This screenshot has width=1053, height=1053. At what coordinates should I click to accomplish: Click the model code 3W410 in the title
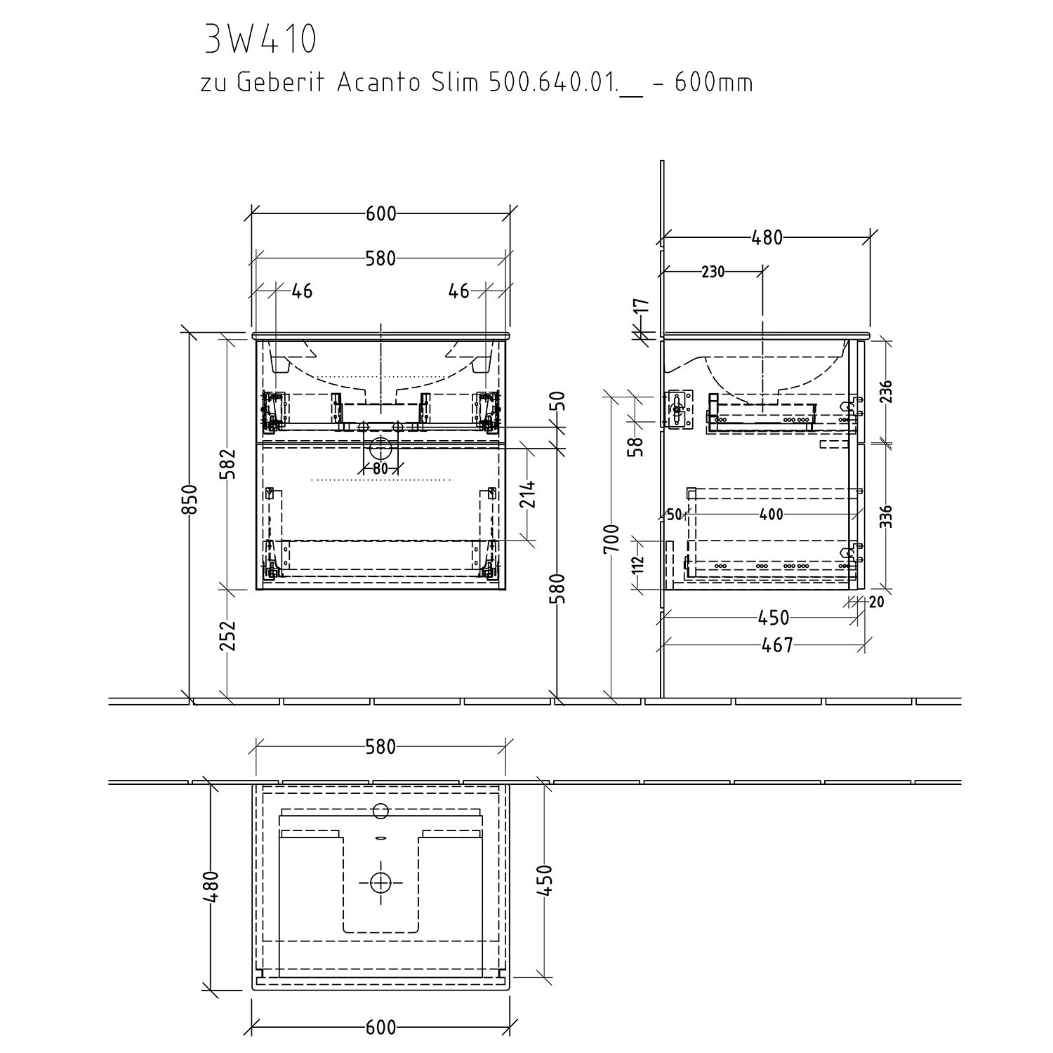click(260, 41)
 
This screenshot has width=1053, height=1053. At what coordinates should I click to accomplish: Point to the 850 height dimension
click(190, 499)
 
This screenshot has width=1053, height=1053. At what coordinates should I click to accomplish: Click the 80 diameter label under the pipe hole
click(380, 469)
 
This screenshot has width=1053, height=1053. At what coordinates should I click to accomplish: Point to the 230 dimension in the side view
click(713, 272)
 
